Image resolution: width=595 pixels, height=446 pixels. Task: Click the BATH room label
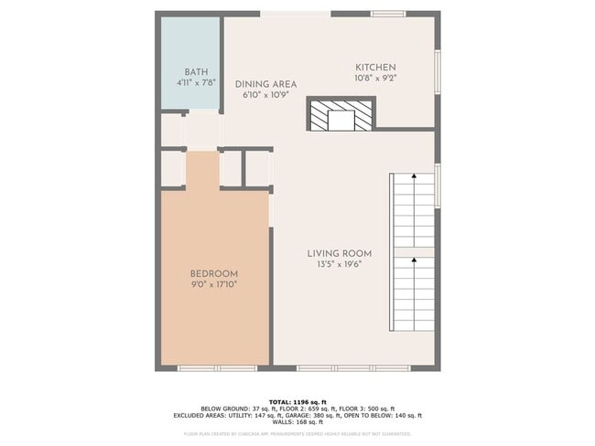[196, 72]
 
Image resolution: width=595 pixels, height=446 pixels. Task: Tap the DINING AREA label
[265, 84]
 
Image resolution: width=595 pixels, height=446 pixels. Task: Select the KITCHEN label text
[375, 68]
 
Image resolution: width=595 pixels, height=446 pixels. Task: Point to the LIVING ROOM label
[339, 253]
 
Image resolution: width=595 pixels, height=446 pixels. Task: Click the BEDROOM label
[214, 274]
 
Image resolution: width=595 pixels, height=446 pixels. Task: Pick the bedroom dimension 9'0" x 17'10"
[214, 285]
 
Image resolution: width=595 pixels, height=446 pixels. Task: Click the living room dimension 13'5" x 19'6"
[339, 264]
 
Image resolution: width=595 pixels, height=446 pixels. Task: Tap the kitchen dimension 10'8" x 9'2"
[375, 78]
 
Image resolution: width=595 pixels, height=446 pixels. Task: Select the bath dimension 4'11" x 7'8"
[196, 82]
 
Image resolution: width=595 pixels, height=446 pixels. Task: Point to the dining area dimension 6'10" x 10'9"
[265, 94]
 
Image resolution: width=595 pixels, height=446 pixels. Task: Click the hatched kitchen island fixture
[340, 116]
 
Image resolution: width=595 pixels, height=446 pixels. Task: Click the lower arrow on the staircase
[414, 261]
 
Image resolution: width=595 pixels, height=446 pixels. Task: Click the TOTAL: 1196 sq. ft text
[297, 401]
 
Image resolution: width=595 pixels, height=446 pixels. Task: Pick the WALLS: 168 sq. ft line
[297, 421]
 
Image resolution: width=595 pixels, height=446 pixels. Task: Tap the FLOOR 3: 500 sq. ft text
[368, 409]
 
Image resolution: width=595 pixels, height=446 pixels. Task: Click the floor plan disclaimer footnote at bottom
[297, 433]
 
